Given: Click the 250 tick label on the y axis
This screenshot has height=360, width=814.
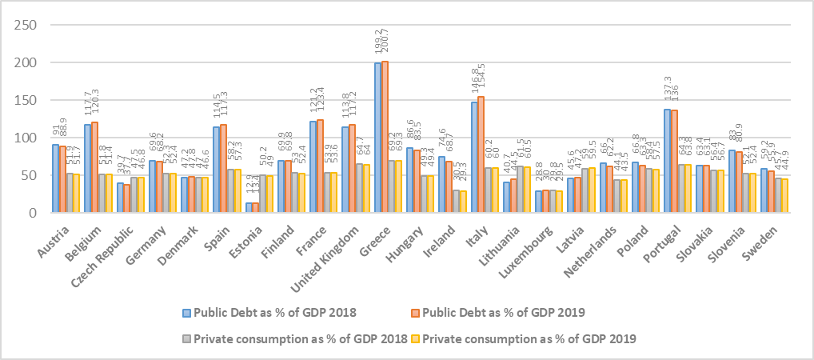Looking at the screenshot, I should click(x=26, y=26).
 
